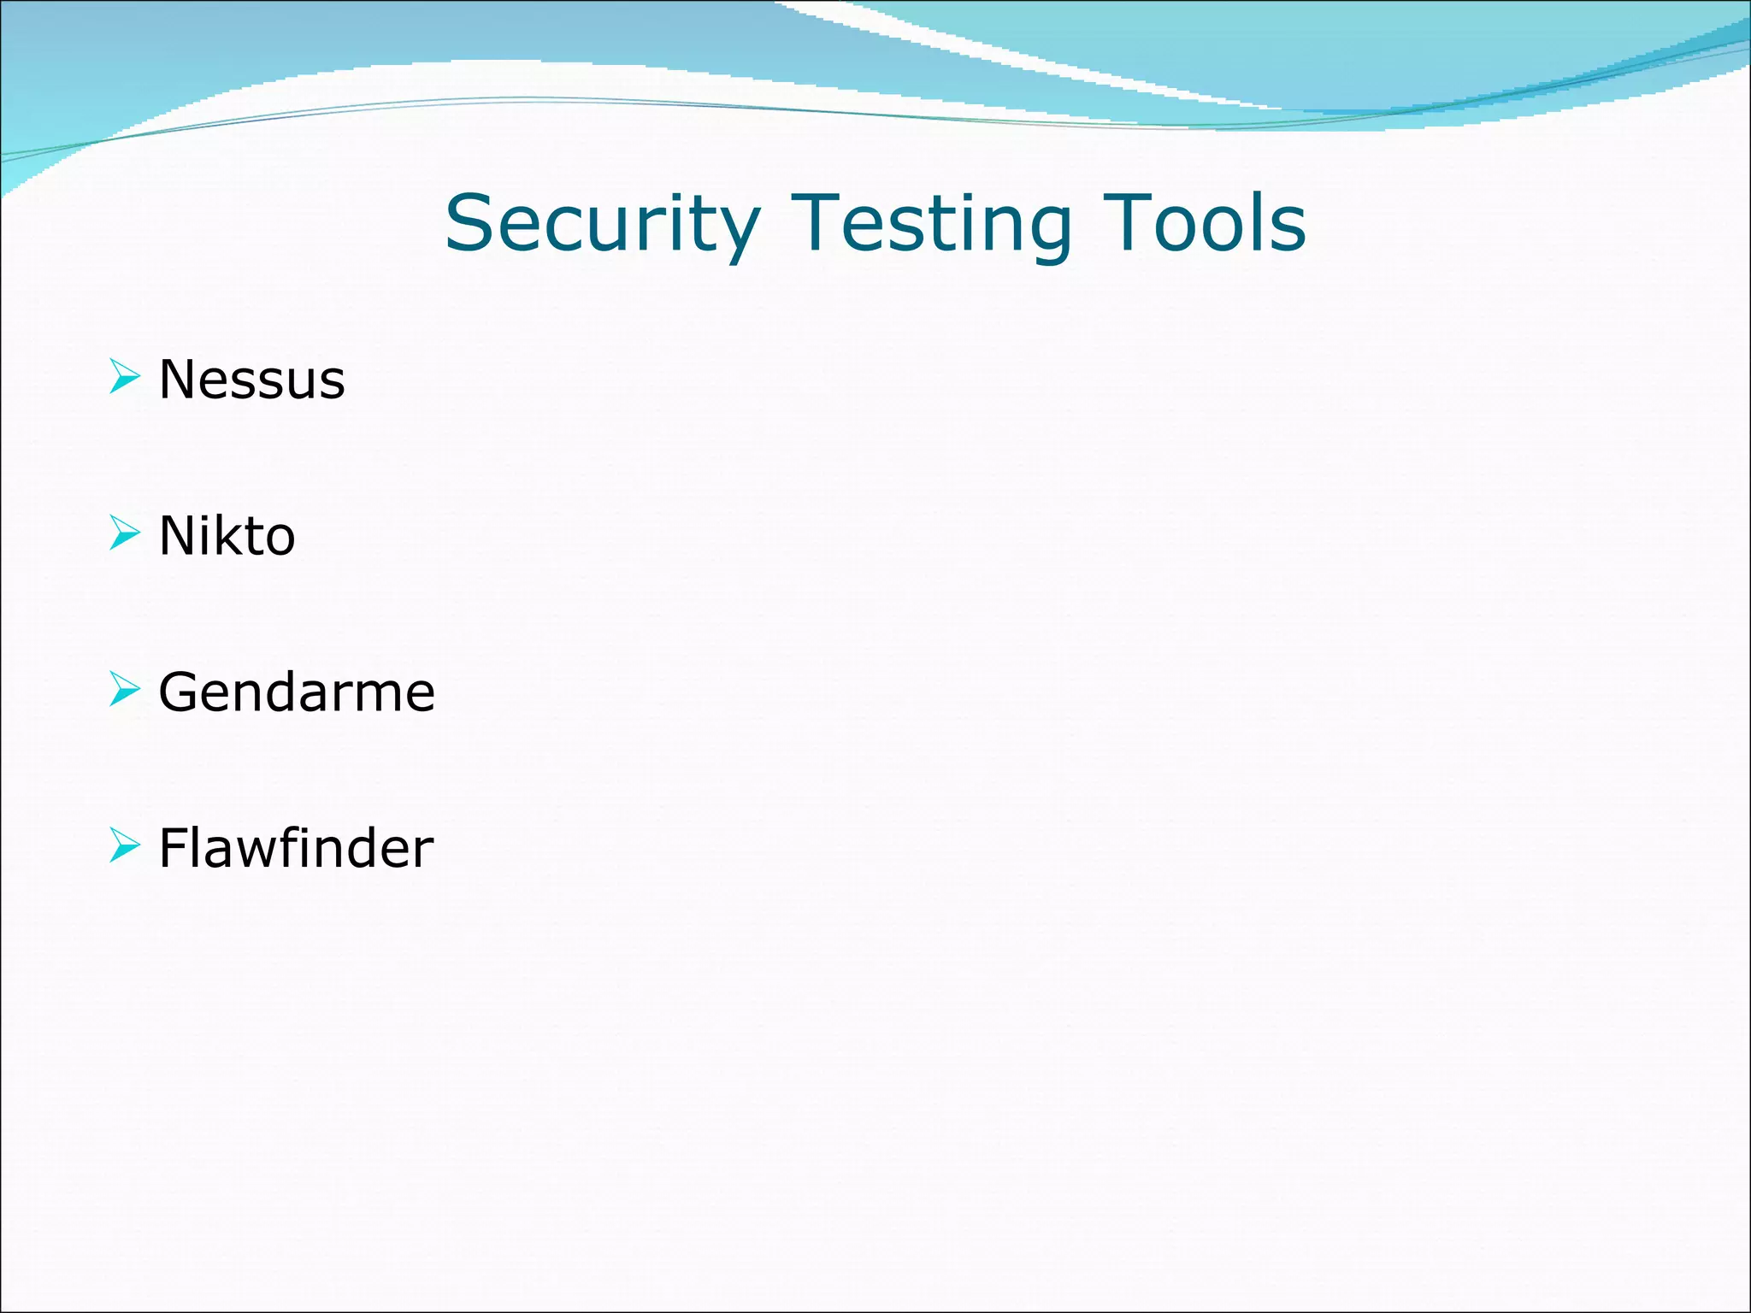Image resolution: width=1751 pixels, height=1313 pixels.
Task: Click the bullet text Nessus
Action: tap(252, 380)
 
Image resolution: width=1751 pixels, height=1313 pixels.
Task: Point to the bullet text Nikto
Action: tap(227, 536)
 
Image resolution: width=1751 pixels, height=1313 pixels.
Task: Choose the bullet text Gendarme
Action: tap(297, 692)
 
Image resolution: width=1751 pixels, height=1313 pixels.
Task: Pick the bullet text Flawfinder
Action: tap(296, 848)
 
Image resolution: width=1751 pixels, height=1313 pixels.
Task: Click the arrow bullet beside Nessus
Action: tap(125, 377)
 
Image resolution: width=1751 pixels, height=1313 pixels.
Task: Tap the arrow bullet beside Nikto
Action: tap(125, 533)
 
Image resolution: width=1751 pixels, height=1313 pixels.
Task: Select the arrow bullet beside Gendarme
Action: tap(125, 689)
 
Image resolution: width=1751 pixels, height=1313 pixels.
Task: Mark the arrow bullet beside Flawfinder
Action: tap(125, 845)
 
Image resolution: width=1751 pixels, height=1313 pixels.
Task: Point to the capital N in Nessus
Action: tap(179, 380)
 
